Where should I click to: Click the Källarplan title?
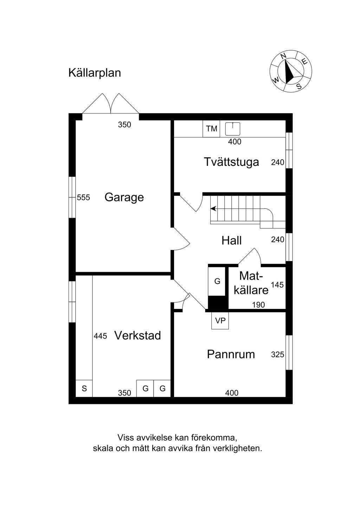tap(95, 73)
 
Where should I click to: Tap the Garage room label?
tap(124, 197)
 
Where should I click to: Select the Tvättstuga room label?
tap(232, 162)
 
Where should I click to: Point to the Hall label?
tap(231, 240)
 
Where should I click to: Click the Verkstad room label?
tap(137, 335)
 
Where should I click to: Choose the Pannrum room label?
tap(231, 354)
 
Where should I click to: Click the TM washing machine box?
tap(211, 129)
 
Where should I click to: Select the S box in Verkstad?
tap(84, 388)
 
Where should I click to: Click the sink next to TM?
tap(233, 128)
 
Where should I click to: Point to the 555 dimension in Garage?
tap(83, 198)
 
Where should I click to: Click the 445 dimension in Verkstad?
tap(100, 336)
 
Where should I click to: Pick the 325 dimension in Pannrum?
tap(277, 354)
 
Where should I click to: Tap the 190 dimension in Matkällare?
tap(258, 305)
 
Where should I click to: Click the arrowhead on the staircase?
tap(213, 208)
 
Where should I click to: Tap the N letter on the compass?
tap(283, 56)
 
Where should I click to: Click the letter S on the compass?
tap(299, 86)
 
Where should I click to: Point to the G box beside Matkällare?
tap(217, 281)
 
